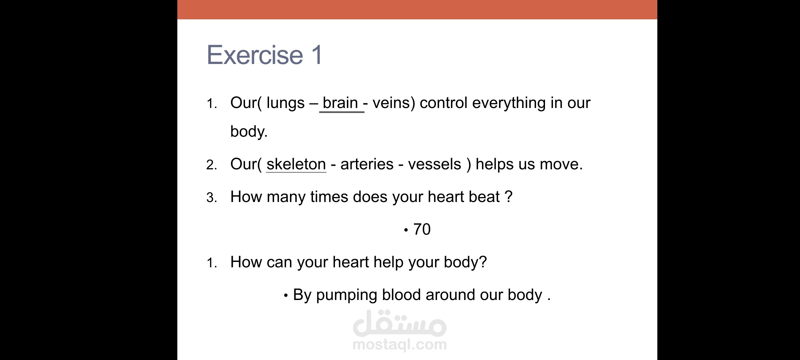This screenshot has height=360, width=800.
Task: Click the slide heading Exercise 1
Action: click(265, 55)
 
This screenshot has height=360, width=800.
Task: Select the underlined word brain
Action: click(340, 103)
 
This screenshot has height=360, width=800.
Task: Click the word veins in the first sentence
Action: click(391, 103)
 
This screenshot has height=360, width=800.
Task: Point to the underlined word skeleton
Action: click(296, 164)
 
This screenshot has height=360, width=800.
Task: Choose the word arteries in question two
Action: click(367, 164)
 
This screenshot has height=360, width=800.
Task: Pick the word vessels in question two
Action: click(435, 164)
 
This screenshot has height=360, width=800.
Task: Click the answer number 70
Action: click(422, 229)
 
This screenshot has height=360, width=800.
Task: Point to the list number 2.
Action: click(212, 165)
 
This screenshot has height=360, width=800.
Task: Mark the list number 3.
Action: click(212, 198)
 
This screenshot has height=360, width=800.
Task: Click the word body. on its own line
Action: click(249, 131)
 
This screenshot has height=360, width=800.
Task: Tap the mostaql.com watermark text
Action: click(400, 344)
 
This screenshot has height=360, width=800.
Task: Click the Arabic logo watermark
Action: click(400, 323)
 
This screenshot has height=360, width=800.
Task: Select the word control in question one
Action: click(444, 103)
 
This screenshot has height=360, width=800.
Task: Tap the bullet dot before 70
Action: click(406, 230)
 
